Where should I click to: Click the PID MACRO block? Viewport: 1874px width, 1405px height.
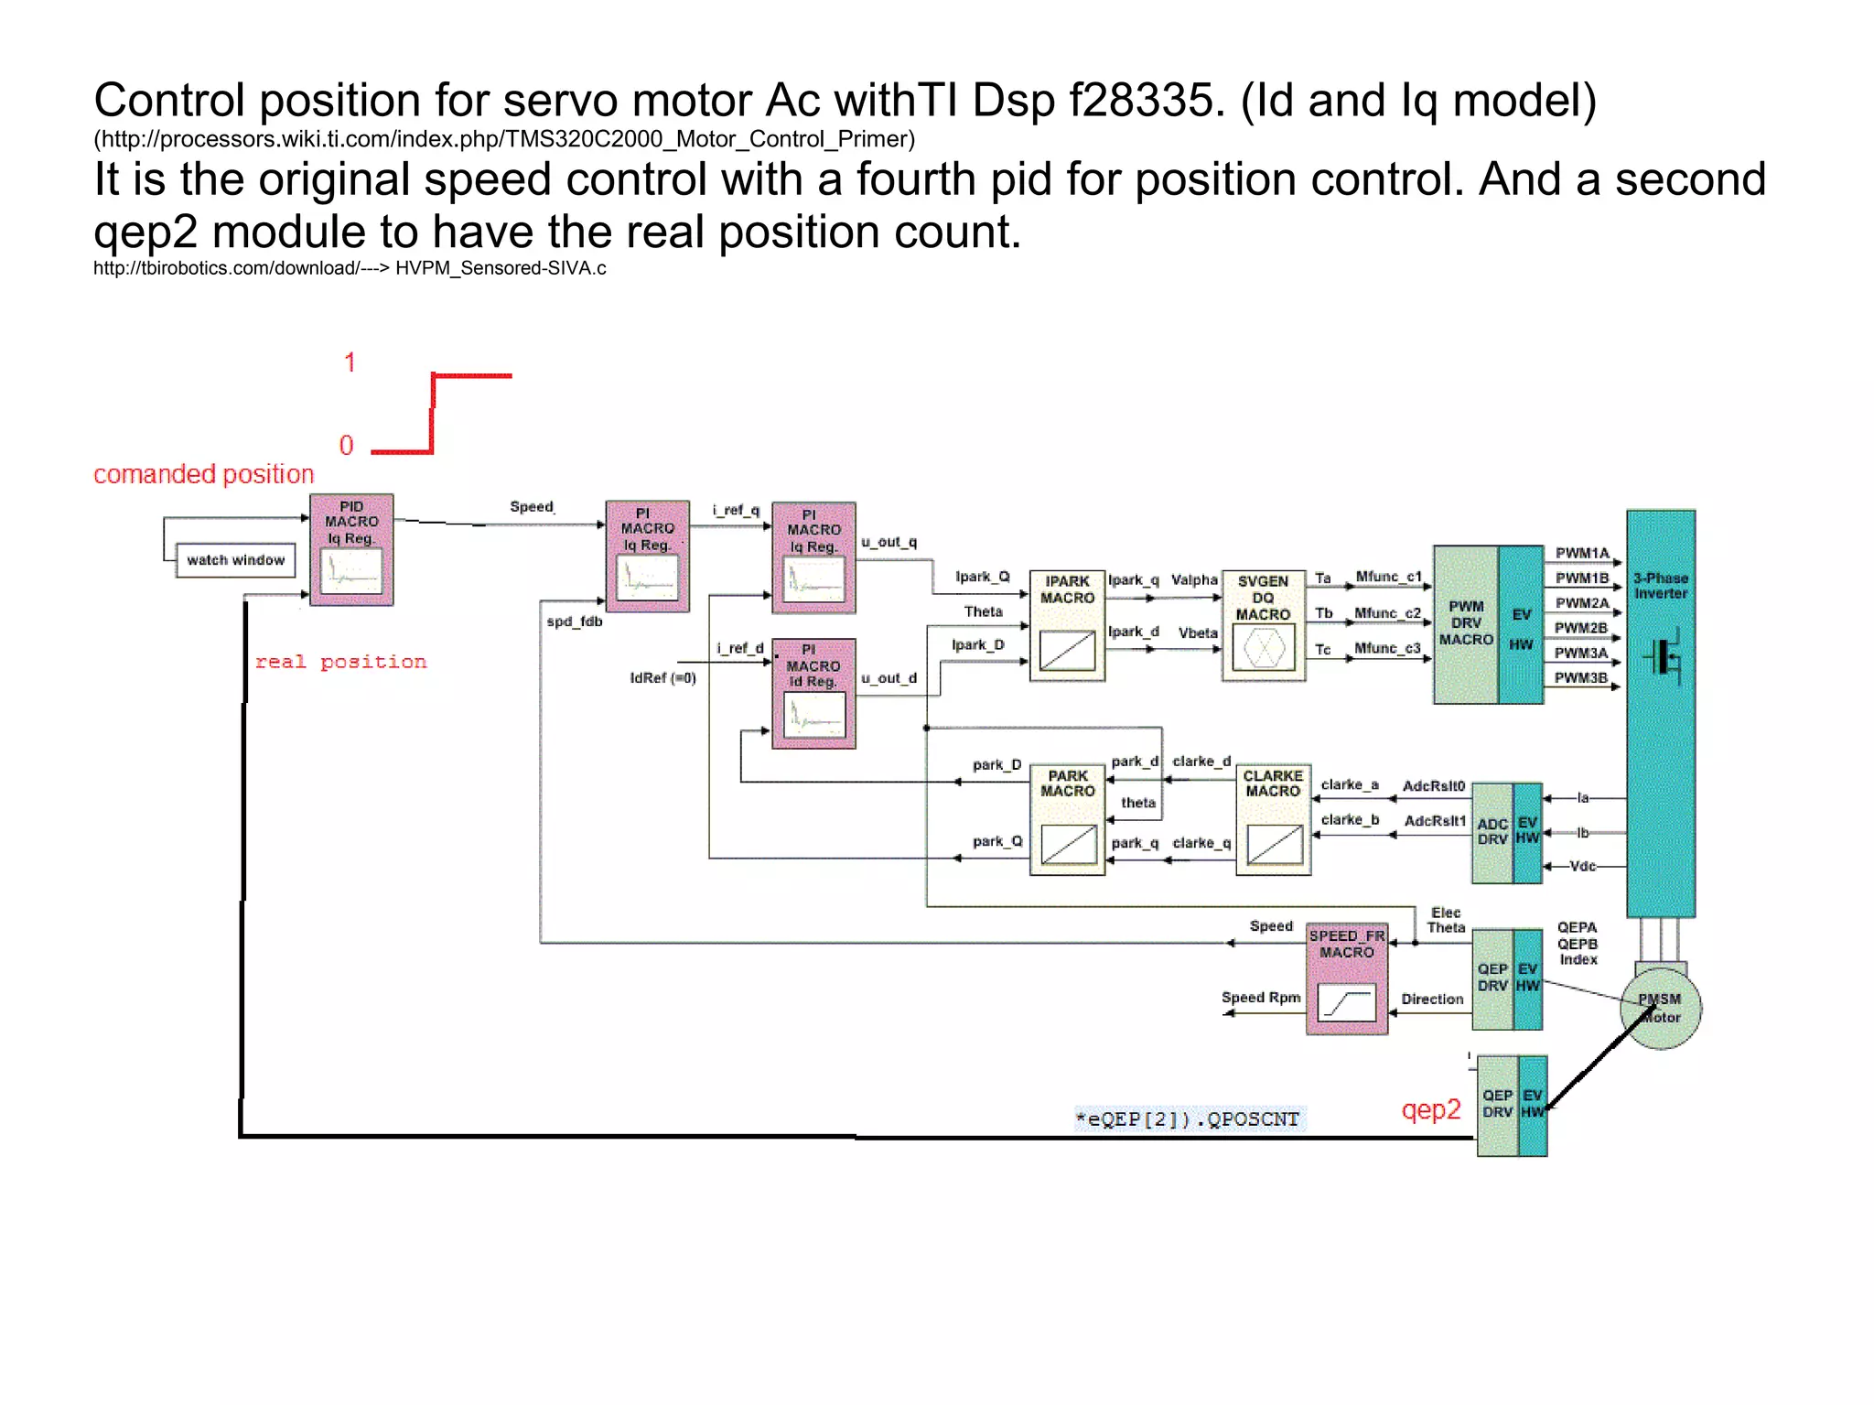point(351,550)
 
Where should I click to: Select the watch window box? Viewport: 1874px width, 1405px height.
point(235,560)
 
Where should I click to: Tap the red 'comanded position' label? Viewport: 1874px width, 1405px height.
point(203,474)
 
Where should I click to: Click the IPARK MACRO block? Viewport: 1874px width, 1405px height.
point(1067,626)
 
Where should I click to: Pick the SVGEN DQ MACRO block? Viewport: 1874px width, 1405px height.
point(1263,626)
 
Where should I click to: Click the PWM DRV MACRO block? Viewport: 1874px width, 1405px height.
point(1465,624)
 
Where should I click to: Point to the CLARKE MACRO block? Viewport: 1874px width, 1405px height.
point(1273,820)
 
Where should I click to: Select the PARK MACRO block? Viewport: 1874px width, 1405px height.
point(1067,820)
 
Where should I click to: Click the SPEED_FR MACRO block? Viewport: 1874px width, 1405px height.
point(1346,978)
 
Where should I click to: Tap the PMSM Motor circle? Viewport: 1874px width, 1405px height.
point(1660,1009)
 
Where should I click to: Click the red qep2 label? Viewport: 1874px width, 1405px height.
point(1430,1109)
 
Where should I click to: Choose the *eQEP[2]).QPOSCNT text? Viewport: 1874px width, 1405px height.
point(1188,1119)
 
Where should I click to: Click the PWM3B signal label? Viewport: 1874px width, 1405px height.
point(1580,678)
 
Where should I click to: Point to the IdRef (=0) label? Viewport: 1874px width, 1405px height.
point(662,678)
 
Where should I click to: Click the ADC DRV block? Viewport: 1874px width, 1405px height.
point(1492,832)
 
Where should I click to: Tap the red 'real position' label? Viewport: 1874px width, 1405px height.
point(340,662)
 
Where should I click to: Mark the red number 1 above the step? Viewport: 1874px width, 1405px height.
point(349,362)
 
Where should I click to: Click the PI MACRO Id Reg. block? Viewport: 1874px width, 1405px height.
point(813,694)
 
